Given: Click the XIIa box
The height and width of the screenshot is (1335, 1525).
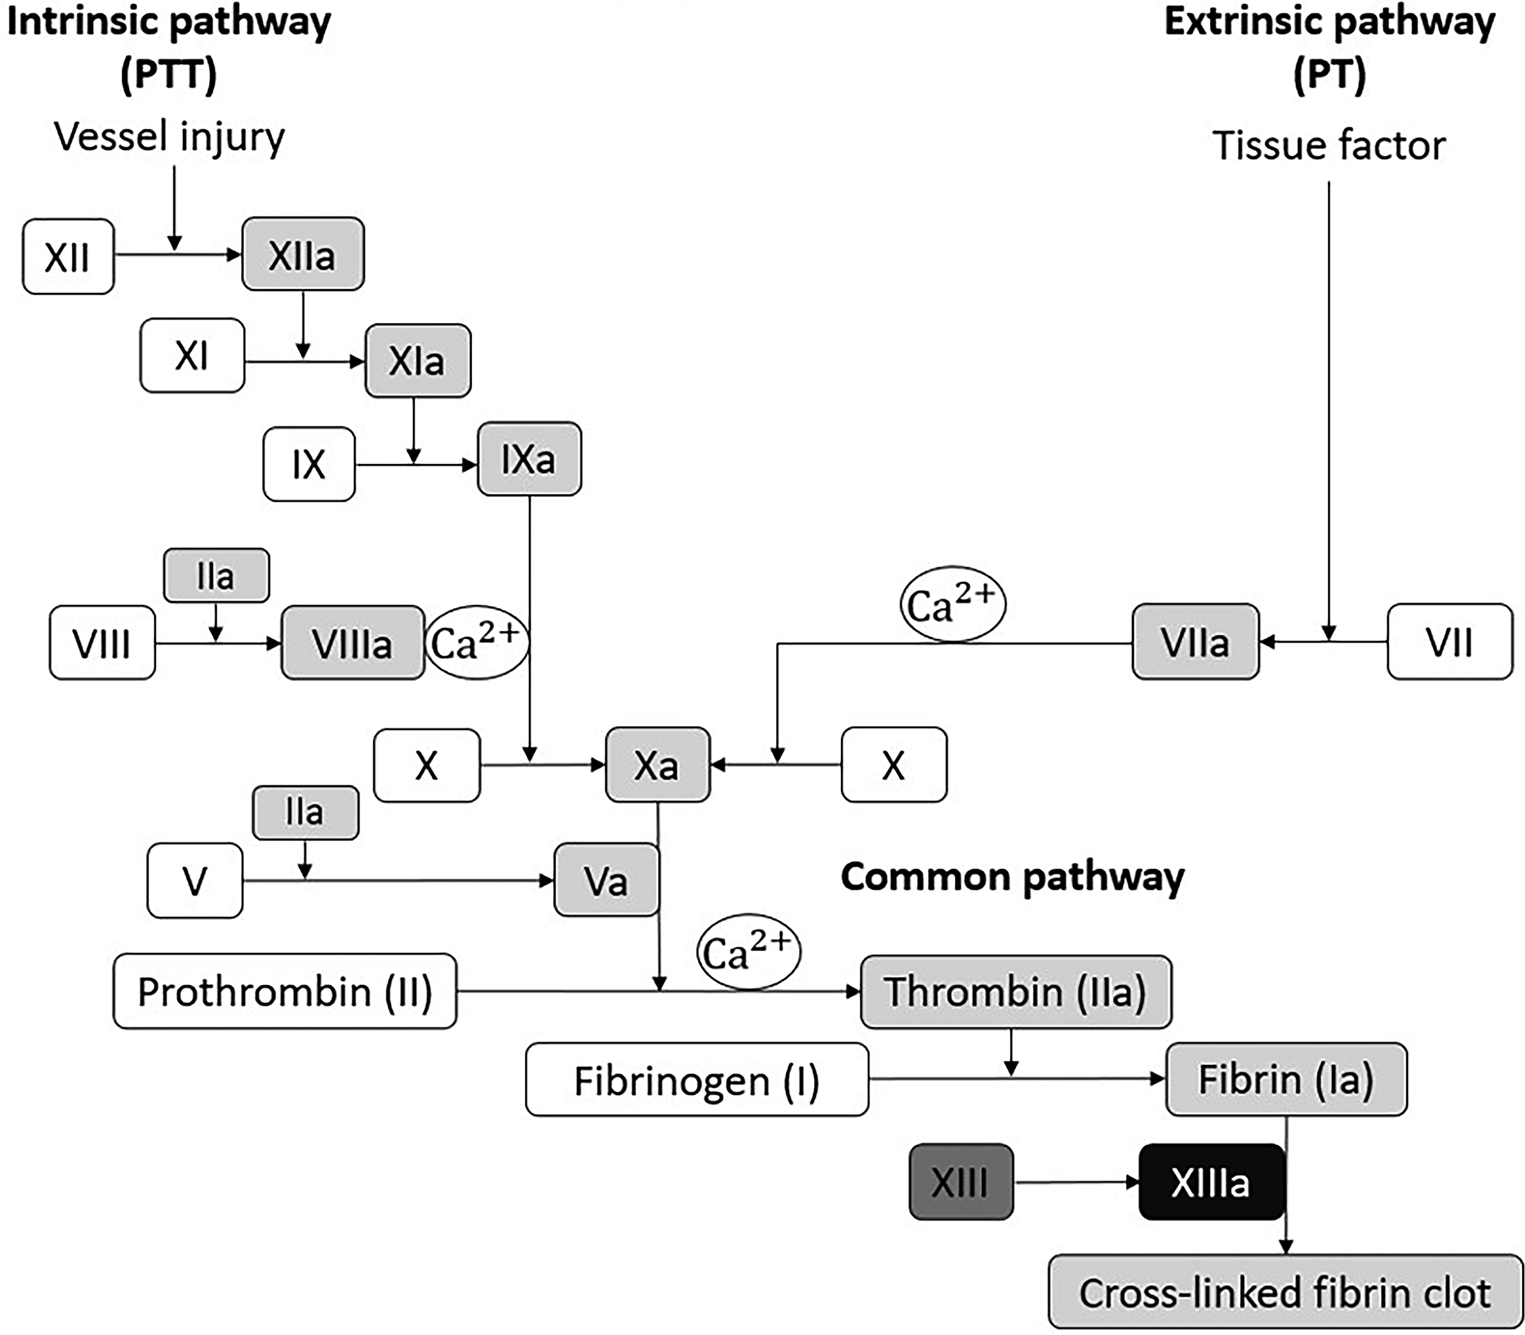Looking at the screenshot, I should (x=303, y=254).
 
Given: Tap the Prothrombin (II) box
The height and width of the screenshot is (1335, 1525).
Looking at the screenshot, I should (x=285, y=991).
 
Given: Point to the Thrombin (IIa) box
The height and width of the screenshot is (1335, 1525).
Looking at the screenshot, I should (x=1015, y=991).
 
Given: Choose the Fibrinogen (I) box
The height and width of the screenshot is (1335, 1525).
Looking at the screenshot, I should (x=696, y=1080).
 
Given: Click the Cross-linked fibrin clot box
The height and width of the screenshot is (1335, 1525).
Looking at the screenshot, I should (x=1285, y=1292).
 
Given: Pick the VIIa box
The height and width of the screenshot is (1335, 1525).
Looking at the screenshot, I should (x=1195, y=641).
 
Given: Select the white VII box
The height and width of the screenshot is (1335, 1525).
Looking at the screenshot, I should (x=1449, y=641).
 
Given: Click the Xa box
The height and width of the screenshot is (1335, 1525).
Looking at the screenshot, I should (x=657, y=764).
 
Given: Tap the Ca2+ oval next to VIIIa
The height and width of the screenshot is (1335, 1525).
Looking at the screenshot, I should (x=476, y=642).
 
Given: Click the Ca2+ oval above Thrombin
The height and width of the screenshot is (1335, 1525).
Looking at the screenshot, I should (x=748, y=952).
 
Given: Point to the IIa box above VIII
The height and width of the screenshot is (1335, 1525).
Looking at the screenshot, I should (x=216, y=575).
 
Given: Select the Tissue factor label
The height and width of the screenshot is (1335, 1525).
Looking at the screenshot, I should (x=1329, y=145).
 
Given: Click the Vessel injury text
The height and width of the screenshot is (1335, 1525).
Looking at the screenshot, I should (x=170, y=137).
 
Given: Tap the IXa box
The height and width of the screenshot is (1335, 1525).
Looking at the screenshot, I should (x=529, y=459).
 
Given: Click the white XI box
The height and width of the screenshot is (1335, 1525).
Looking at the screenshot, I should (x=192, y=355).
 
